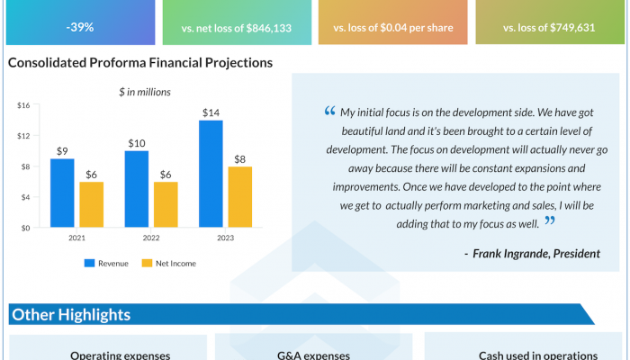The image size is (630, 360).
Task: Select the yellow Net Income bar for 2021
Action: (90, 204)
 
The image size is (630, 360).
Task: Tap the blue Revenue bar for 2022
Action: (137, 189)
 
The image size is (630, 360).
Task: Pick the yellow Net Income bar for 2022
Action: (165, 204)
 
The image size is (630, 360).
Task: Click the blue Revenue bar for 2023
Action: (211, 174)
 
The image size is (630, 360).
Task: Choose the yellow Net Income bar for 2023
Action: (239, 197)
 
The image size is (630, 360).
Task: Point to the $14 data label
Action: (211, 112)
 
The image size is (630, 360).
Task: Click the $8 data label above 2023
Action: (239, 159)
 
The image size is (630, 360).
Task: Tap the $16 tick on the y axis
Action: (23, 105)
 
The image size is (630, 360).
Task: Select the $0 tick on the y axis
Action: (25, 228)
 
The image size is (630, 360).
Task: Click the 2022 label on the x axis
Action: (150, 239)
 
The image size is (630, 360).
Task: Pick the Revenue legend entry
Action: (106, 264)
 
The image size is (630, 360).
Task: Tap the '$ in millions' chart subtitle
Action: (145, 91)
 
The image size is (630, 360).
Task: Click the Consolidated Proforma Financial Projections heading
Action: (139, 63)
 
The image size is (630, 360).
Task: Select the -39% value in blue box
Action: (80, 27)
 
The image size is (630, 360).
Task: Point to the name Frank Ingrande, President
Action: (531, 253)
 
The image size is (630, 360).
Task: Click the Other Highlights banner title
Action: (70, 314)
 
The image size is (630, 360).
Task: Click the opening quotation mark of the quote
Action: (328, 112)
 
